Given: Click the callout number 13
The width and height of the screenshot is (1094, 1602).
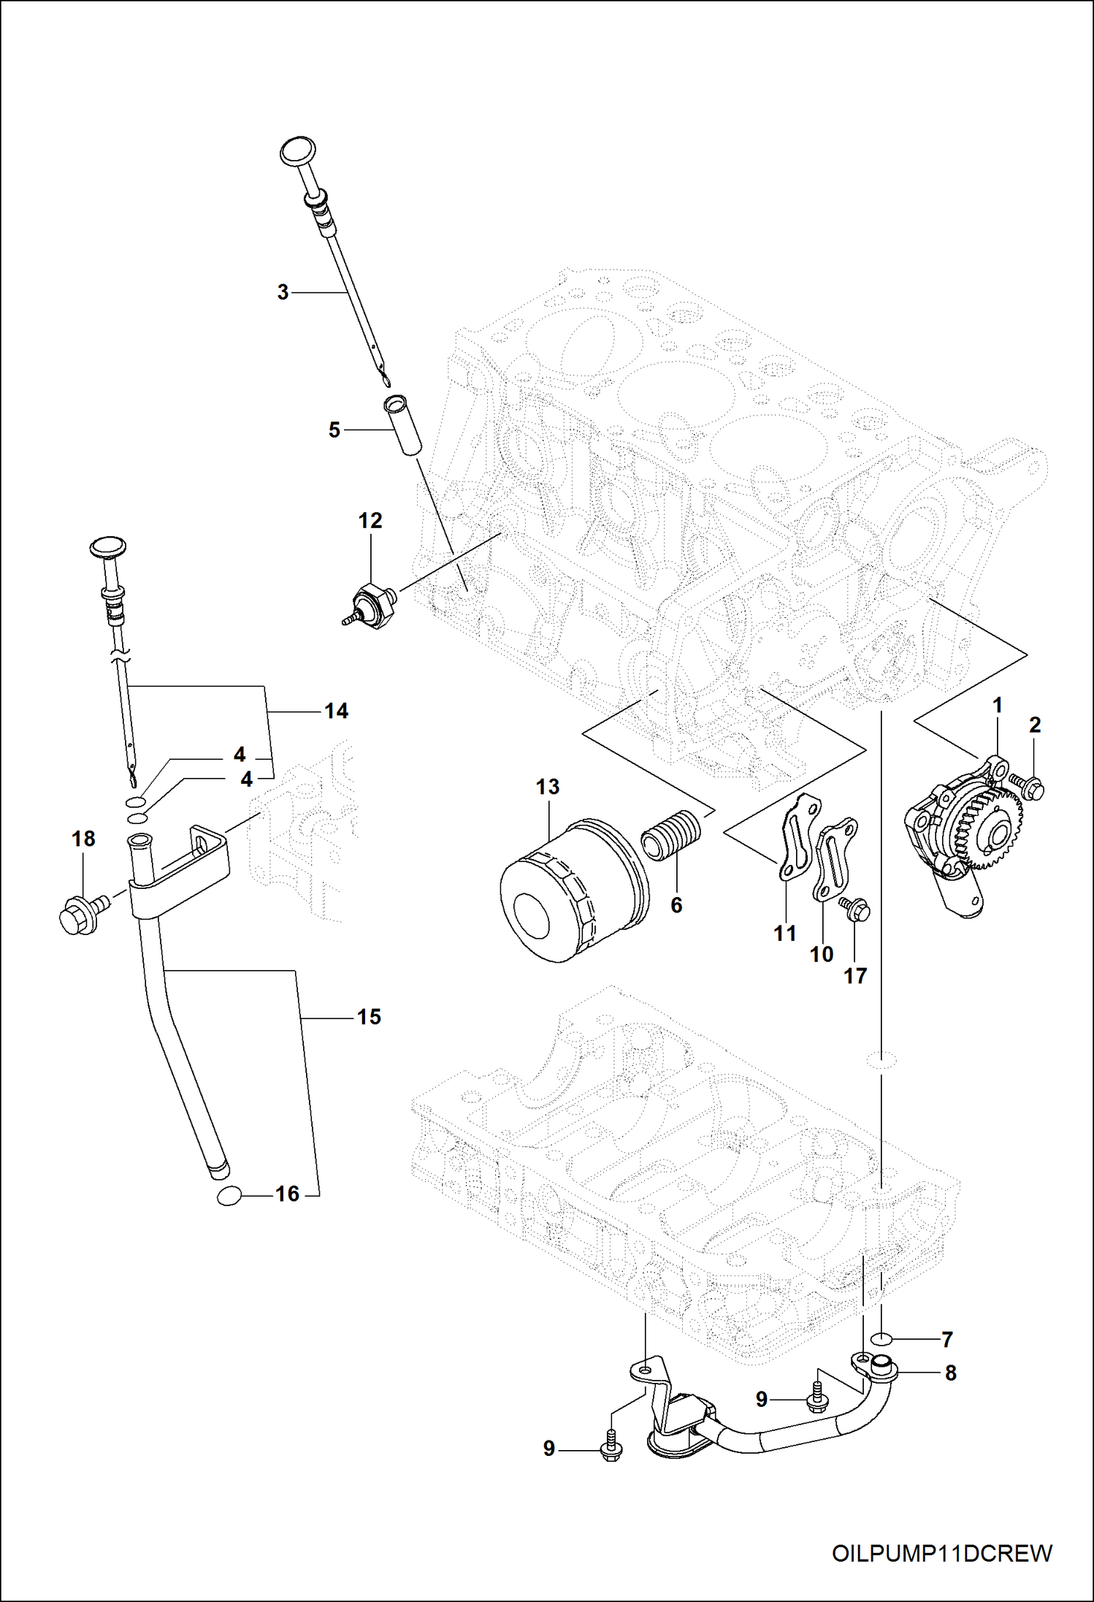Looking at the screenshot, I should point(547,787).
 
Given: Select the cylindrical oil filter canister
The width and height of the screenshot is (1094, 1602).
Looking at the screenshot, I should point(573,890).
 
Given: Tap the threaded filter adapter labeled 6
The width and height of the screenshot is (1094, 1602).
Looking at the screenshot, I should point(671,836).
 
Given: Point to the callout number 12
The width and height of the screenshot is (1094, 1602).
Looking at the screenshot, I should point(370,521).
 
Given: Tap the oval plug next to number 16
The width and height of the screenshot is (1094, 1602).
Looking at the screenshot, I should point(229,1195).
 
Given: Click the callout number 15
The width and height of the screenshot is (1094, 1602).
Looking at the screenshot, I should point(369,1017).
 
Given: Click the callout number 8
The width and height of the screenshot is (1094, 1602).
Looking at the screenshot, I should point(950,1373).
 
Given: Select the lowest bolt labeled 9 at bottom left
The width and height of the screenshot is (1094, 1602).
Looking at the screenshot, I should point(611,1449).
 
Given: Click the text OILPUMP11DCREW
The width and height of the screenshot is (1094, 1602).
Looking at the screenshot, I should point(942,1554).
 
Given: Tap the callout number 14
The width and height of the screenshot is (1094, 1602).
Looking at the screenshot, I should point(336,711).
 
